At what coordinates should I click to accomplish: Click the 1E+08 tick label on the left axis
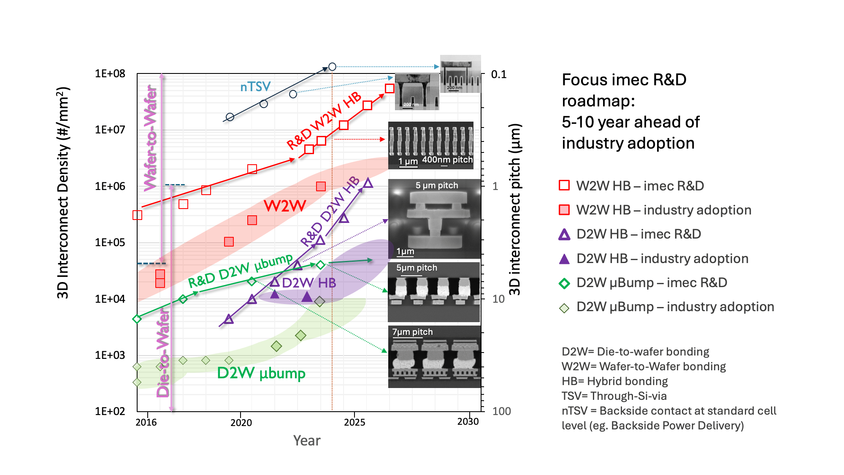click(x=110, y=74)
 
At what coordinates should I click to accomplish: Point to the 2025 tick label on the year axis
click(x=354, y=422)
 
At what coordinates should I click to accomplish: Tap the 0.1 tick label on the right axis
click(x=498, y=75)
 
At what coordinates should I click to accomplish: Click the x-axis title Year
click(x=307, y=440)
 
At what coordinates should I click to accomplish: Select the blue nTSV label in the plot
click(x=255, y=87)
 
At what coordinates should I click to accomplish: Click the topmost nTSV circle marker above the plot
click(x=332, y=67)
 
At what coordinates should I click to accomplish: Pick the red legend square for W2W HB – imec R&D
click(x=564, y=185)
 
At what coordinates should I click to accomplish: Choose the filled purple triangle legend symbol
click(x=564, y=259)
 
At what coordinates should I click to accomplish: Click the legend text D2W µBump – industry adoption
click(x=675, y=307)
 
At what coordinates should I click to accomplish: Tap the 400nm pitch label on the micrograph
click(x=447, y=160)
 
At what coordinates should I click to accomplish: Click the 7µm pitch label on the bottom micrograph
click(x=412, y=332)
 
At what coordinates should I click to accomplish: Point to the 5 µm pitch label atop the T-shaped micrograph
click(x=436, y=185)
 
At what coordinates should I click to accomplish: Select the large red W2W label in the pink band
click(x=285, y=206)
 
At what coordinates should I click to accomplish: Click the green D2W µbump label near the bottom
click(x=261, y=373)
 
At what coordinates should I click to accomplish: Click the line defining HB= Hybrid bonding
click(x=614, y=381)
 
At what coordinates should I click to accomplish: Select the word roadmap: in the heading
click(x=598, y=101)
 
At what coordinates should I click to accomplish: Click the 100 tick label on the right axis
click(x=501, y=411)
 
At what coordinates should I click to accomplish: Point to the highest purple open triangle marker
click(x=368, y=183)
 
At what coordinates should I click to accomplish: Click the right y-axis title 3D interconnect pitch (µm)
click(x=515, y=209)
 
